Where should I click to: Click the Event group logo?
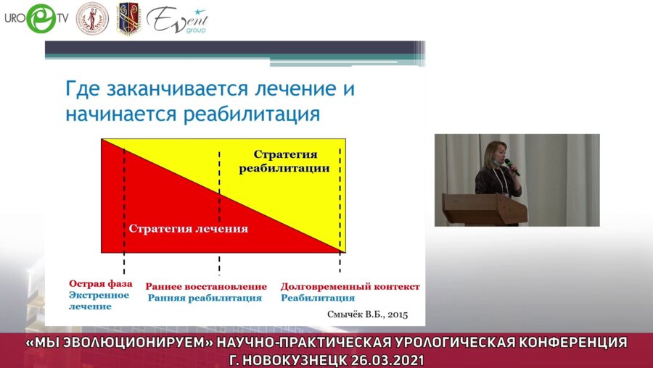coord(176,20)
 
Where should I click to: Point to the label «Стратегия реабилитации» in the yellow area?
coord(284,162)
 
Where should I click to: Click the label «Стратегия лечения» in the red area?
coord(189,229)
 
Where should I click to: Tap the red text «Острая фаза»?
coord(97,284)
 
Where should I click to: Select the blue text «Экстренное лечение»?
coord(99,301)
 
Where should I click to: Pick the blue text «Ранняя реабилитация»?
coord(205,298)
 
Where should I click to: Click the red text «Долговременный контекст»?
coord(350,286)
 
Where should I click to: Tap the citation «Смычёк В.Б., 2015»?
coord(368,314)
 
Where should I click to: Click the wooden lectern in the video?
coord(484,209)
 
